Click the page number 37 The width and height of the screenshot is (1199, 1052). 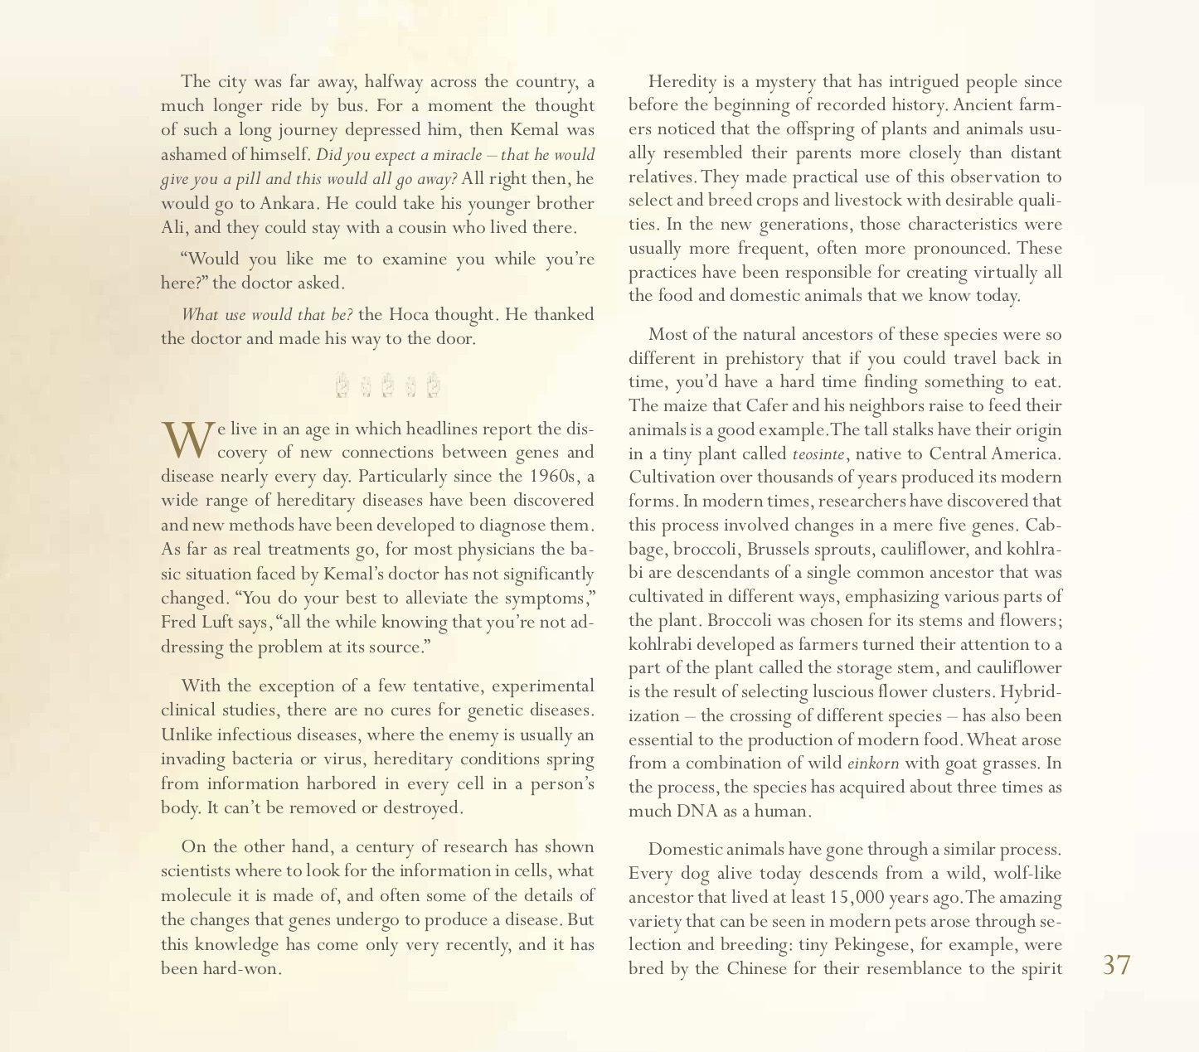pos(1116,965)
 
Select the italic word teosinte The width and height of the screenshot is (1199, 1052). pos(818,454)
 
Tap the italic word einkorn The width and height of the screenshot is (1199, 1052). pos(872,764)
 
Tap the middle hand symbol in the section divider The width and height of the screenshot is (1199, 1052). pos(386,385)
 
